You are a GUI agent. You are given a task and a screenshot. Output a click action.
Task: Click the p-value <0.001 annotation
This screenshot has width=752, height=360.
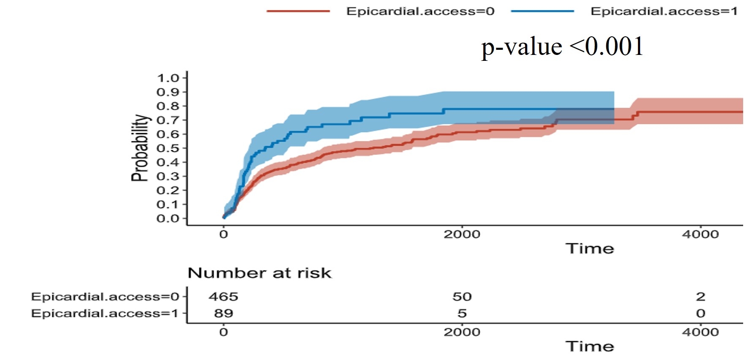click(x=562, y=46)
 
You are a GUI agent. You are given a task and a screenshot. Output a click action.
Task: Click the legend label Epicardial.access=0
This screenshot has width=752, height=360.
click(x=420, y=11)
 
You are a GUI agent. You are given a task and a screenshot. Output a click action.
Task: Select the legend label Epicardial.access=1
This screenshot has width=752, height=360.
click(x=664, y=11)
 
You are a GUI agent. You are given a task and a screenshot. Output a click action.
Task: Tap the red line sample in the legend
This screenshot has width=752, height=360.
click(x=298, y=11)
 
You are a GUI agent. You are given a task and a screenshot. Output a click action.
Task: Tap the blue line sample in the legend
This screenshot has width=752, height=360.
click(x=542, y=11)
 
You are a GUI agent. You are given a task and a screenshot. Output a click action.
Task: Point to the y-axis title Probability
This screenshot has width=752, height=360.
click(x=140, y=148)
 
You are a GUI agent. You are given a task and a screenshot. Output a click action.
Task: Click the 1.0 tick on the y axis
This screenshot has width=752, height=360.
click(x=168, y=78)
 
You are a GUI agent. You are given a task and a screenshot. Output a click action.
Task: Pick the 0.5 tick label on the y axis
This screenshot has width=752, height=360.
click(x=168, y=148)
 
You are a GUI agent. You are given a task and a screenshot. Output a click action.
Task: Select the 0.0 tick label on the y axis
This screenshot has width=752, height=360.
click(x=168, y=218)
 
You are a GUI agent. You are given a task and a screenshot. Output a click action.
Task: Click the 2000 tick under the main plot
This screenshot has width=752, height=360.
click(x=462, y=234)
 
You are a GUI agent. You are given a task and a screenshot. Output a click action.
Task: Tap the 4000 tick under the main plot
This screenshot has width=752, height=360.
click(x=700, y=234)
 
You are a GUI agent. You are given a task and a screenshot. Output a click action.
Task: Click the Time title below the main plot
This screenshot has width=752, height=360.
click(x=589, y=248)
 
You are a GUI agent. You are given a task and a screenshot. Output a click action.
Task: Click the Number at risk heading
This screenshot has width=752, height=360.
click(x=259, y=273)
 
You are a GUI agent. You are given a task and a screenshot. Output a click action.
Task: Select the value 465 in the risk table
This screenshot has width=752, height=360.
click(x=223, y=297)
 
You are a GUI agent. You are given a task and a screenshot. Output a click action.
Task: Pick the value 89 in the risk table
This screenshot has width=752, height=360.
click(x=223, y=313)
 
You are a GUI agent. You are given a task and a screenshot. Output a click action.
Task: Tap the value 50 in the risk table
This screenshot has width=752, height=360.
click(x=462, y=297)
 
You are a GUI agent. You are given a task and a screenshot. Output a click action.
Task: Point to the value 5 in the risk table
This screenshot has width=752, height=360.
click(x=462, y=313)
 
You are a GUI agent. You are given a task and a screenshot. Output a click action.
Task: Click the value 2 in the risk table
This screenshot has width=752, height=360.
click(x=700, y=297)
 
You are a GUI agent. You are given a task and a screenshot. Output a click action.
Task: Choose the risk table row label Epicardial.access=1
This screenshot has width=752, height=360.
click(x=105, y=313)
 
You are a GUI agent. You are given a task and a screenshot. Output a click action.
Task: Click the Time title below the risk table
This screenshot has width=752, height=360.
click(x=589, y=346)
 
